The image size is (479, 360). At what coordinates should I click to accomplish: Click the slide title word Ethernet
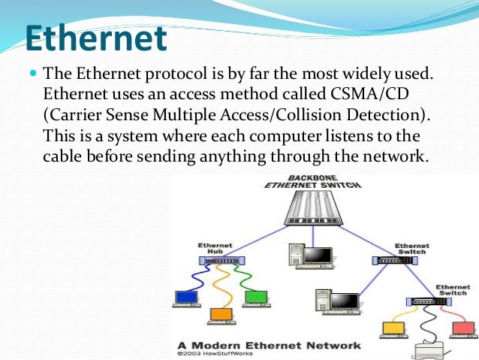(93, 39)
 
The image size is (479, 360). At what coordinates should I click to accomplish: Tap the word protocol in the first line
(160, 75)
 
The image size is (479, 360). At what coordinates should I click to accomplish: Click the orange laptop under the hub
(220, 314)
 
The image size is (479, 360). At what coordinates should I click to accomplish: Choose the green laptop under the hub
(256, 298)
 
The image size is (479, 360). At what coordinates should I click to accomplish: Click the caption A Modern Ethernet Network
(266, 345)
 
